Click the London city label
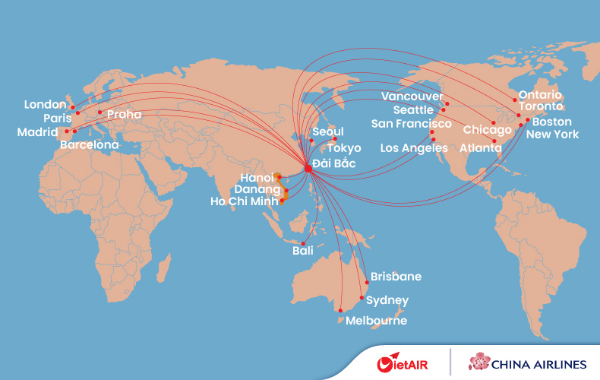(x=46, y=104)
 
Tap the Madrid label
(x=37, y=132)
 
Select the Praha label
(x=124, y=115)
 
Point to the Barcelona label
(x=90, y=144)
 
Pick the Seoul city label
(x=328, y=132)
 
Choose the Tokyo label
(x=344, y=148)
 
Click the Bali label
(x=303, y=251)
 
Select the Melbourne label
(x=376, y=321)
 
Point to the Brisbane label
(x=396, y=277)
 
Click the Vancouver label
(x=412, y=97)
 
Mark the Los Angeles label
(x=414, y=147)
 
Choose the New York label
(x=552, y=135)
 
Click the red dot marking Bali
(x=303, y=243)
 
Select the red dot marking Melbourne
(x=340, y=310)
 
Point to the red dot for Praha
(x=99, y=112)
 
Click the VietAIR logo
(x=403, y=363)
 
